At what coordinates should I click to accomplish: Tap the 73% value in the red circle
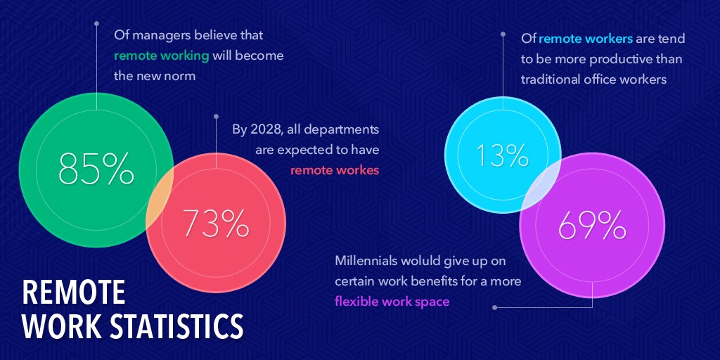(x=216, y=224)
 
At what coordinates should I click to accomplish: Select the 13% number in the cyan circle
(x=502, y=156)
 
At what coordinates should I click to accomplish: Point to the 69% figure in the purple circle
(x=591, y=226)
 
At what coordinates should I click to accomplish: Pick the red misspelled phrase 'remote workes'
(x=335, y=169)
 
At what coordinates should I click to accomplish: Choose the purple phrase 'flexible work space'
(x=392, y=301)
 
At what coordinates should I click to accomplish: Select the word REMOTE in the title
(x=74, y=292)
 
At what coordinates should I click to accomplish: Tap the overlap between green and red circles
(x=160, y=200)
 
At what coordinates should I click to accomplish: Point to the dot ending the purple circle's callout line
(x=495, y=307)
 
